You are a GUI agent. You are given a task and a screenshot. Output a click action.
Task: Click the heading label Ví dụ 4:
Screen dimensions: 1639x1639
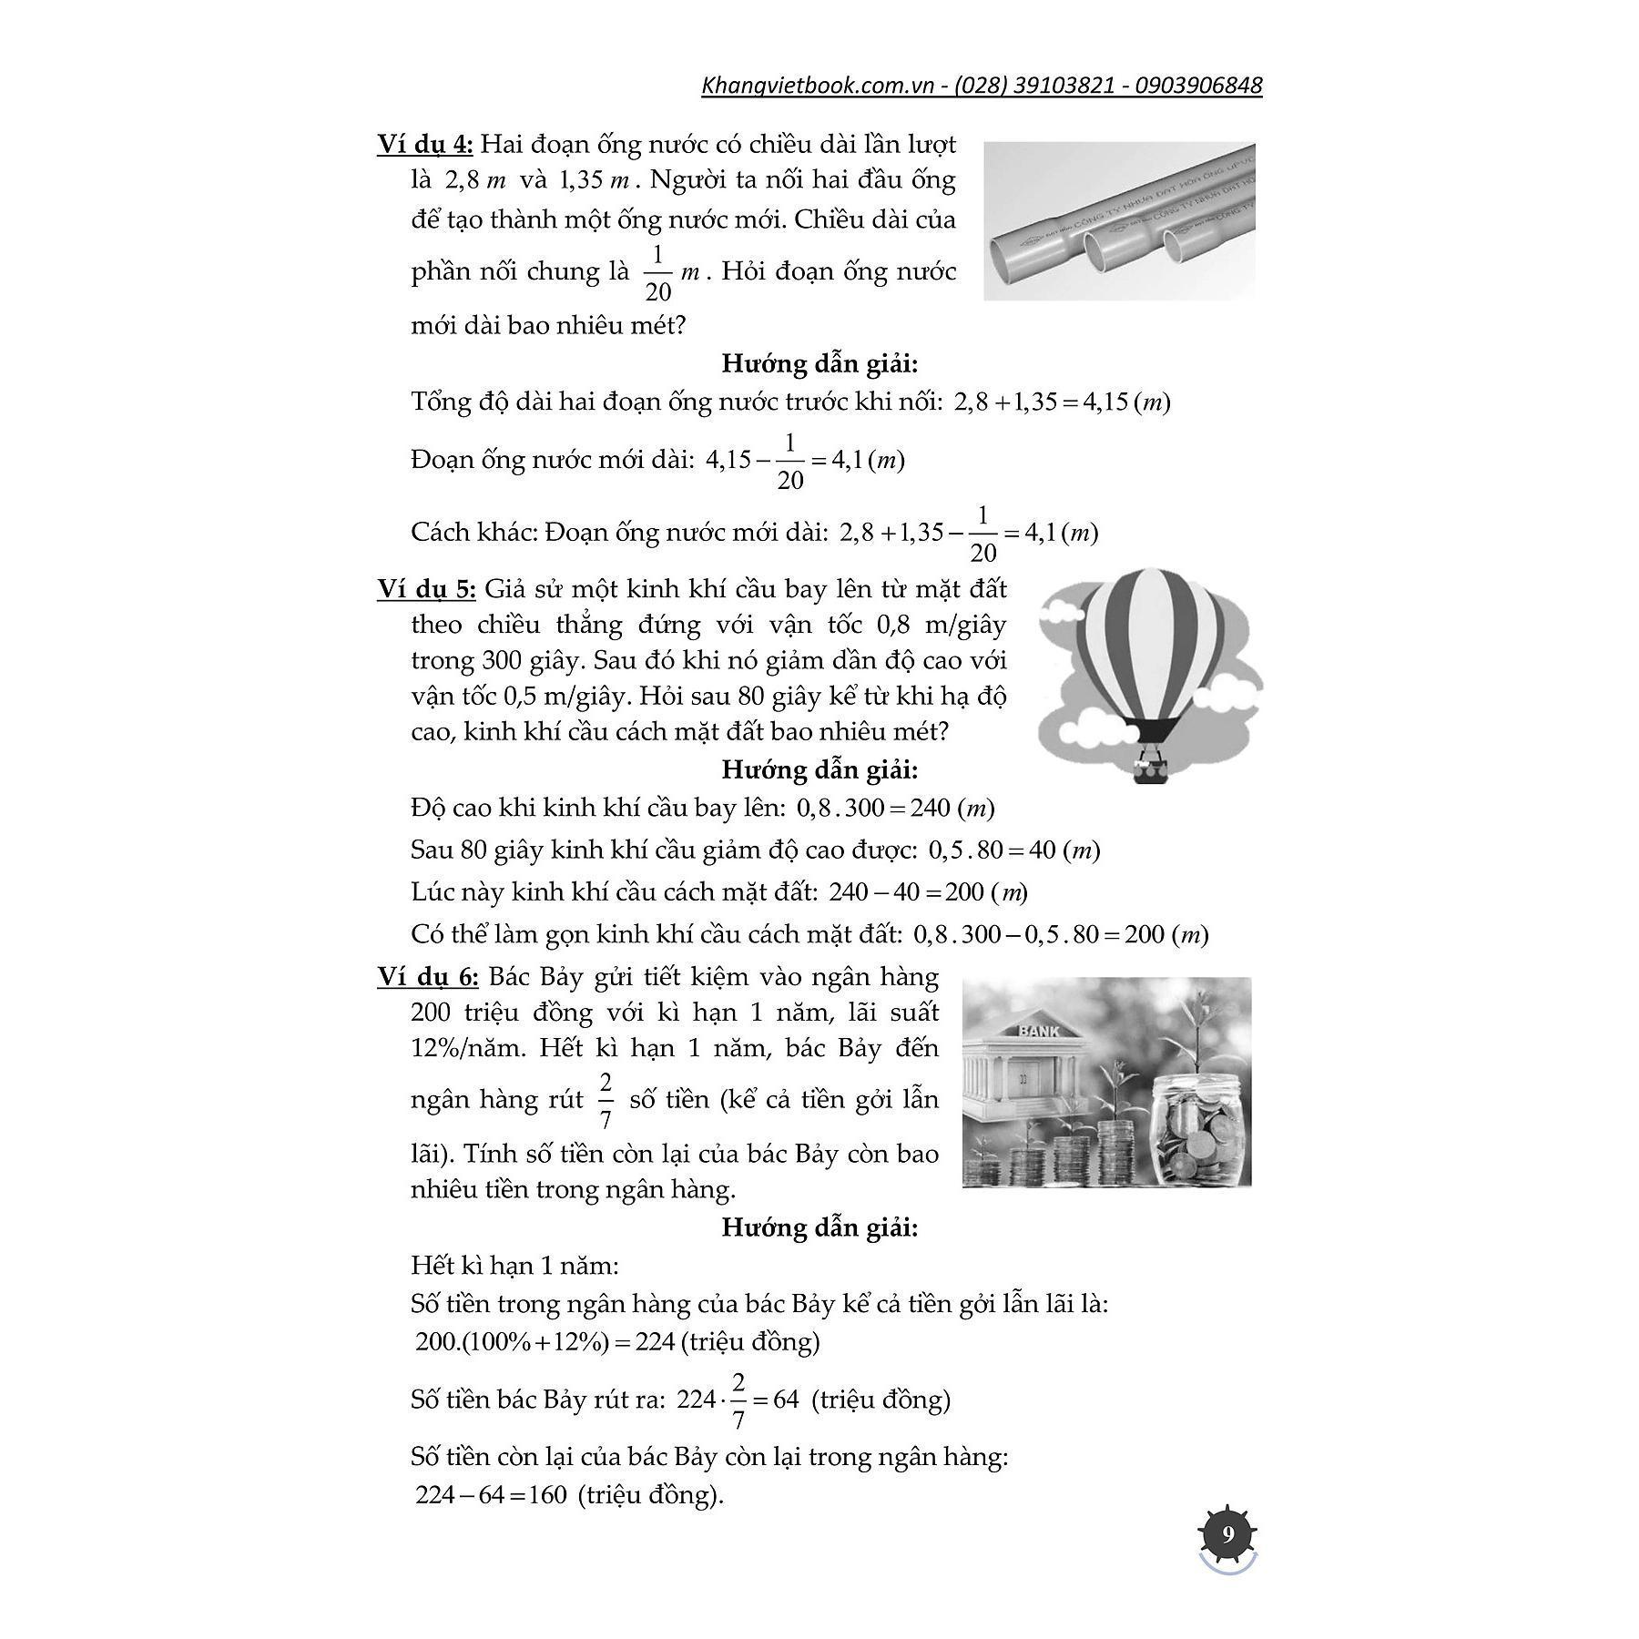pyautogui.click(x=424, y=144)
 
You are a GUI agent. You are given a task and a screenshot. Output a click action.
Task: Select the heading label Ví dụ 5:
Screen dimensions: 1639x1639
pyautogui.click(x=426, y=589)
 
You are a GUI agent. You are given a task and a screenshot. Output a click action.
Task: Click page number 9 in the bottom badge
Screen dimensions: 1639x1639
pyautogui.click(x=1227, y=1535)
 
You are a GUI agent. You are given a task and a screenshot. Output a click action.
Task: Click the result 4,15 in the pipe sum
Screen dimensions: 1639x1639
pyautogui.click(x=1103, y=402)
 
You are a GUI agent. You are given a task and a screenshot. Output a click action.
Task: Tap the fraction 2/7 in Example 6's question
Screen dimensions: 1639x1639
pyautogui.click(x=606, y=1099)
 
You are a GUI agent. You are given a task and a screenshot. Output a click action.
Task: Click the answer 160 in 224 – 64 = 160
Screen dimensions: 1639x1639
pyautogui.click(x=546, y=1494)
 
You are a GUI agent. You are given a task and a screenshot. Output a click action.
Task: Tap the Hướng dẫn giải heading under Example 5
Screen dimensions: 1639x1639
pyautogui.click(x=819, y=769)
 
